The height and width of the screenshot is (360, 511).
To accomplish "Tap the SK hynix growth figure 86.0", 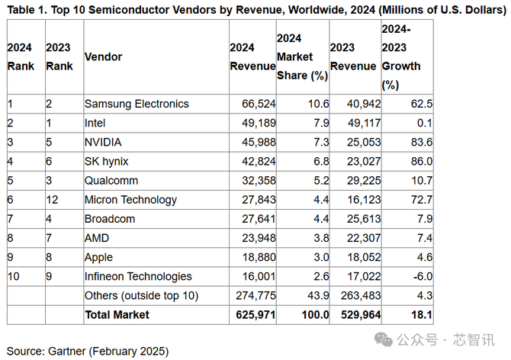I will coord(420,161).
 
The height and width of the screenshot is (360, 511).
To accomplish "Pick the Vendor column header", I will coord(103,57).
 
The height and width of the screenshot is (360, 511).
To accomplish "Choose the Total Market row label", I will coord(117,314).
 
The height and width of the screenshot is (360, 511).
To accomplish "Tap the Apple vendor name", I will coord(99,257).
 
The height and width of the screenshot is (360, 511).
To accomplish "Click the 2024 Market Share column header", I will coord(302,57).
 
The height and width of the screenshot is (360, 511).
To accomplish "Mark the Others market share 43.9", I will coord(316,295).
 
